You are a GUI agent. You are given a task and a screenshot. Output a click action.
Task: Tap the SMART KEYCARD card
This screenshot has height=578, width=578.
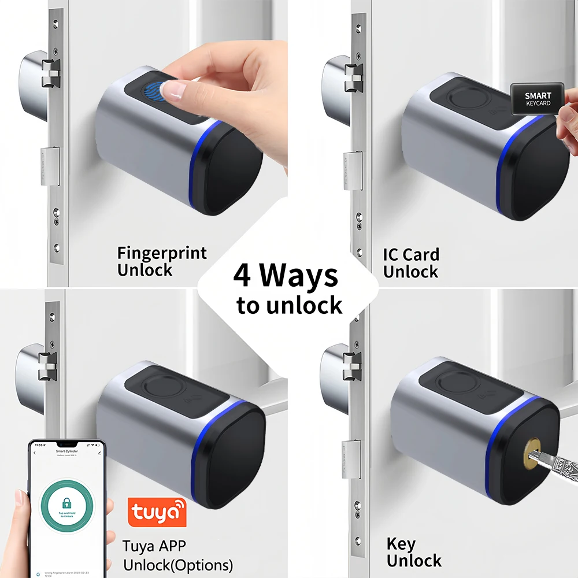click(537, 99)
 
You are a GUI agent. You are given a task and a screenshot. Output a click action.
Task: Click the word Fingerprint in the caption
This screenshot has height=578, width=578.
click(161, 253)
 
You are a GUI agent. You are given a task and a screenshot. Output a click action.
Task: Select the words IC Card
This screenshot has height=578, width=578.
click(411, 254)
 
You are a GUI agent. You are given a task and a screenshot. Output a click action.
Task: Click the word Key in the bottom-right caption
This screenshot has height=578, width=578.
click(401, 544)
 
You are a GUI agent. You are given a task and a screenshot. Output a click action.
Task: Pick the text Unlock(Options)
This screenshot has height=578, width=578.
click(178, 564)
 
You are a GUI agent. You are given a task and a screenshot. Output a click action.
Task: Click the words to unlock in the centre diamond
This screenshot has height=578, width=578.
click(289, 305)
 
